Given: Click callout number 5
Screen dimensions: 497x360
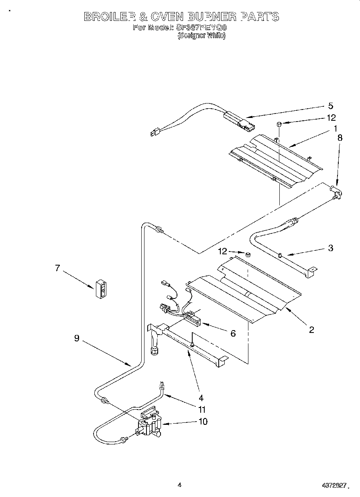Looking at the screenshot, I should point(330,106).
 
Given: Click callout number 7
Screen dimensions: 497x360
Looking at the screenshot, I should point(58,268).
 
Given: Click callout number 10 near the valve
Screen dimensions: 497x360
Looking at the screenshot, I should point(203,422).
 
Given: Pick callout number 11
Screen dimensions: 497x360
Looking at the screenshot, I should point(202,410).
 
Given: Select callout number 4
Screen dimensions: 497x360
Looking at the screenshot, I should point(201,398).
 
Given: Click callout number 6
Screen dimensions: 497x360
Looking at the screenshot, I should point(233,333).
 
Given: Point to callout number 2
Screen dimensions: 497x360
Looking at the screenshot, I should point(311,330).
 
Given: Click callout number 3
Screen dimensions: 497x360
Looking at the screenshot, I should point(330,248).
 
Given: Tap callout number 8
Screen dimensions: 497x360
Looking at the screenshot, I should point(340,137).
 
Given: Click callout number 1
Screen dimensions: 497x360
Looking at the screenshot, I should point(334,129).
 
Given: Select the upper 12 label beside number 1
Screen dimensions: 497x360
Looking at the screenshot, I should point(331,118).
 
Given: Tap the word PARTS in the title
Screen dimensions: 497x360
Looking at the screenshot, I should point(260,17).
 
